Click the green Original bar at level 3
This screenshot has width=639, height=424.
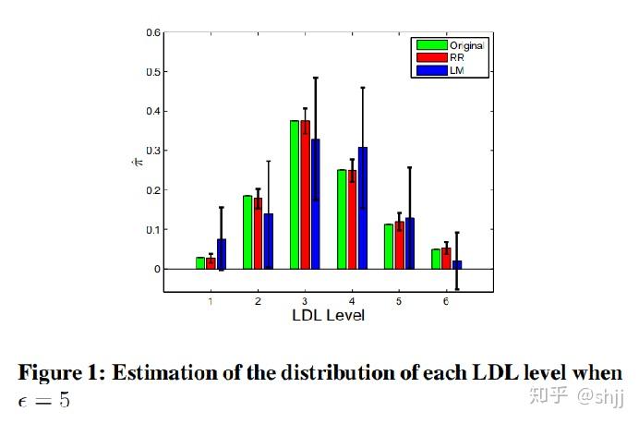[x=295, y=194]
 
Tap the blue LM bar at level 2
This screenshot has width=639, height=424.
[x=269, y=241]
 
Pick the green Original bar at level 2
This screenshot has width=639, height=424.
[x=247, y=232]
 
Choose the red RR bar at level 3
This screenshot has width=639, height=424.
[x=305, y=194]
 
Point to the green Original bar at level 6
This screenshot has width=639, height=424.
[x=436, y=259]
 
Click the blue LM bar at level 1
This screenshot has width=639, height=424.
[x=222, y=254]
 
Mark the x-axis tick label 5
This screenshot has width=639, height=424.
[x=399, y=301]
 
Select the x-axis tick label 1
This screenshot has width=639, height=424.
[x=211, y=301]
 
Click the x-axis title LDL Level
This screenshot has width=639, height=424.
[x=328, y=316]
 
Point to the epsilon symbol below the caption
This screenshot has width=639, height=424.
[x=24, y=400]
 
